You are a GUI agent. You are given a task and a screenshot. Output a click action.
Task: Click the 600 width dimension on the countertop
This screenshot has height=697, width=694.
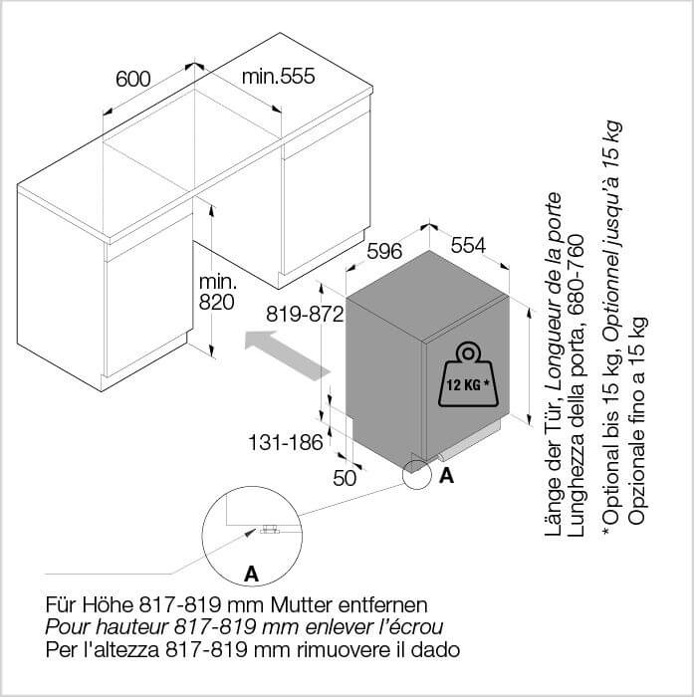(133, 79)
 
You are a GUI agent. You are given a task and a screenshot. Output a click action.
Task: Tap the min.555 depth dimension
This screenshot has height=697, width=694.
(279, 76)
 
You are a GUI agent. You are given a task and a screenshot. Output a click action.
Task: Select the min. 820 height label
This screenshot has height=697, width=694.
(217, 292)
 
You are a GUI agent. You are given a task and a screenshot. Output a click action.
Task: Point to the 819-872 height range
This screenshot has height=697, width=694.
(305, 315)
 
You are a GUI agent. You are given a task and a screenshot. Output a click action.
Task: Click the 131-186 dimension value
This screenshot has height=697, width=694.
(286, 442)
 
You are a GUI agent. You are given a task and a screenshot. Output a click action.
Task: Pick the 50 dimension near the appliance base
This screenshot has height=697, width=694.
(345, 478)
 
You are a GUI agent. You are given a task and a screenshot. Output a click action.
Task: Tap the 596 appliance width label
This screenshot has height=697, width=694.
(384, 252)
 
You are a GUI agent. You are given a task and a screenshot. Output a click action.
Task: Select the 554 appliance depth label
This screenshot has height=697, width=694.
(469, 245)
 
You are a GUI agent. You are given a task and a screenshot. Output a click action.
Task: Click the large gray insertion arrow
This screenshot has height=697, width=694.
(288, 355)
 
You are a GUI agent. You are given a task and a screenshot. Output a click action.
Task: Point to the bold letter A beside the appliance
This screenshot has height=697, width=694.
(446, 476)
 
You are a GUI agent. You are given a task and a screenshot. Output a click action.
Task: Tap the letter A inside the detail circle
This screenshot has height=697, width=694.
(251, 574)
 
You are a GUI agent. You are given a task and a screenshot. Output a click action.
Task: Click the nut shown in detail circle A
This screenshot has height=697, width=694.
(269, 529)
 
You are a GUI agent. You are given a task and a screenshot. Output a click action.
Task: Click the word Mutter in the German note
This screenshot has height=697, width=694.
(302, 604)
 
